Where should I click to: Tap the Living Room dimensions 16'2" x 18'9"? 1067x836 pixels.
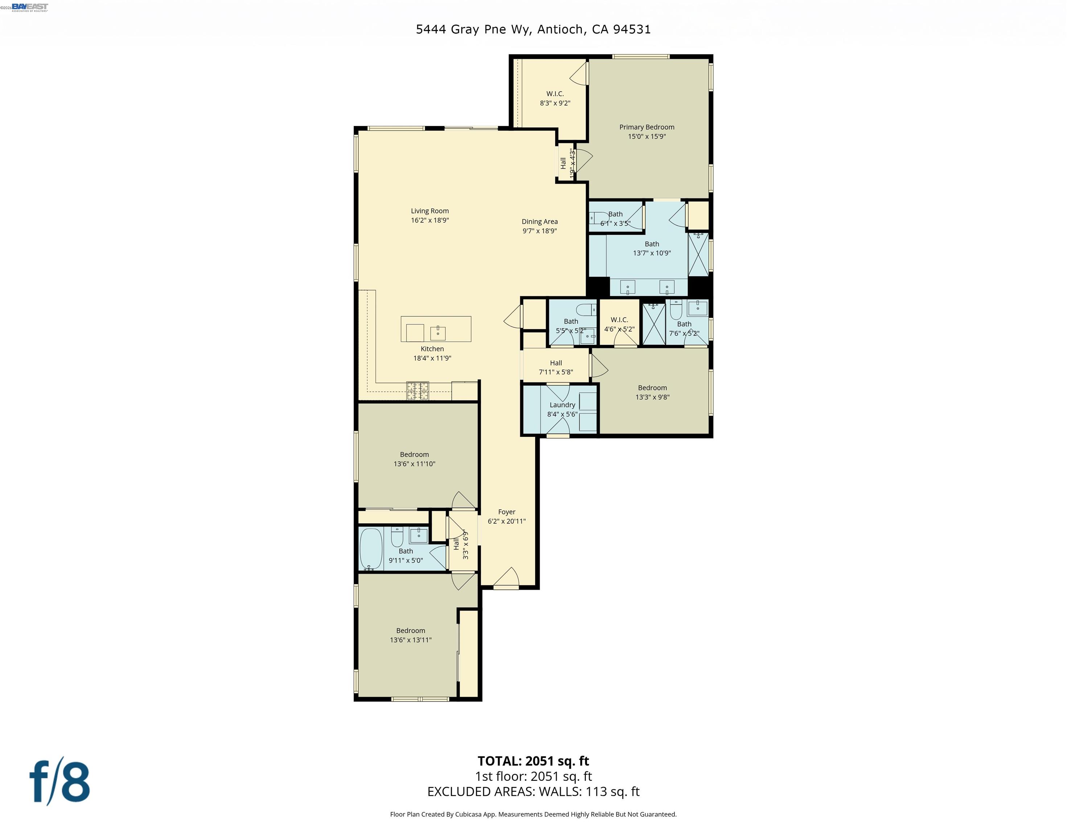point(430,221)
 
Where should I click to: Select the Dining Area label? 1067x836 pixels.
point(539,222)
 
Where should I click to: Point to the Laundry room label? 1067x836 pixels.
point(562,405)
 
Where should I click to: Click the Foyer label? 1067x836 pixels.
point(506,512)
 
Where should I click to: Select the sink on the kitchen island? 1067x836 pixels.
point(438,333)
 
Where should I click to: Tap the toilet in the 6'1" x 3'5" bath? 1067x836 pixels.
point(599,217)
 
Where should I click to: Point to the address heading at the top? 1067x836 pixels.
point(533,29)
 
